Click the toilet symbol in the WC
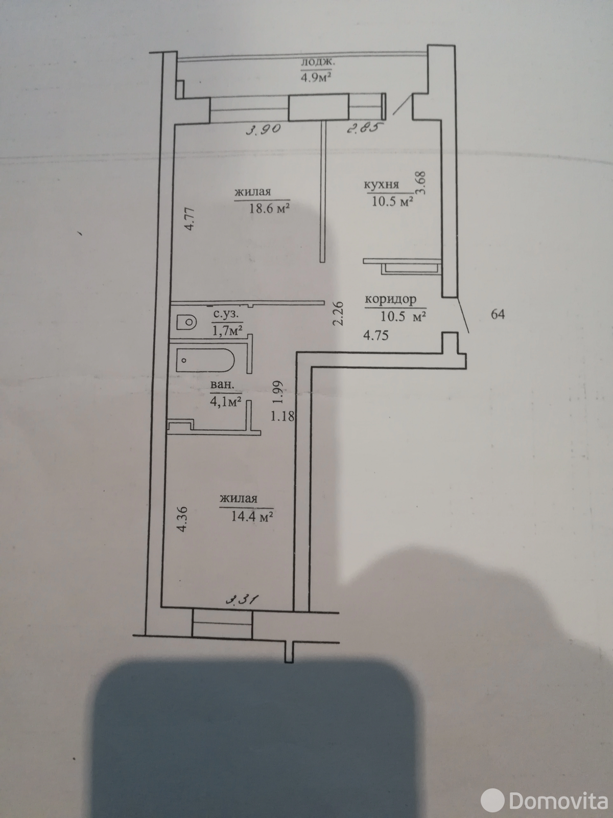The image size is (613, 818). pos(186,322)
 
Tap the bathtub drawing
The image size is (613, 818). pos(205,360)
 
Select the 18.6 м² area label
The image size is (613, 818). pos(269,208)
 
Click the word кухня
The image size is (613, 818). pos(381,185)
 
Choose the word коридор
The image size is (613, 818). pos(390,300)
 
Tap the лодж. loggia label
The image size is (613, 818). pos(318,62)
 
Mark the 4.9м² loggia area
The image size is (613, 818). pos(316,78)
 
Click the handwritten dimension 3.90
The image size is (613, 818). pos(264,130)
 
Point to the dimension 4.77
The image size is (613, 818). pos(190,219)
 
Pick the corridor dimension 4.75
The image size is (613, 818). pos(376,335)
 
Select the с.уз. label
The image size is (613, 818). pos(227,315)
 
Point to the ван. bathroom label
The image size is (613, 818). pos(223,386)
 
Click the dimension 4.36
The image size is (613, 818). pos(181,518)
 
